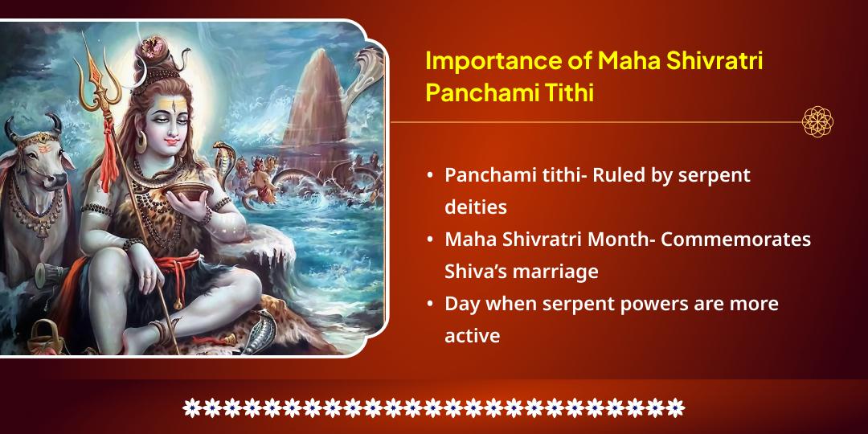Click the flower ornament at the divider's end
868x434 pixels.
817,122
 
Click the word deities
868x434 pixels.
476,207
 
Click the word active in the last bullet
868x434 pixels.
473,335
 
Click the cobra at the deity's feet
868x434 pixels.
262,331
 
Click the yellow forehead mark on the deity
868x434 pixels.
168,102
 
